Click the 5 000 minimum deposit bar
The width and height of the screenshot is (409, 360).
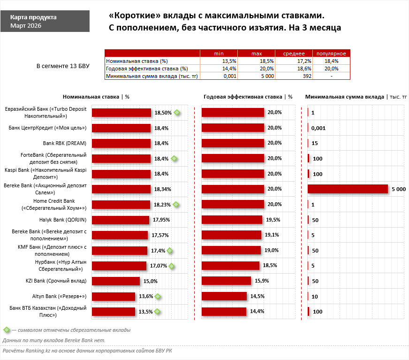tap(348, 189)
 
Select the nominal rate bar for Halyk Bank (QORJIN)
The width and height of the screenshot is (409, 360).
tap(120, 220)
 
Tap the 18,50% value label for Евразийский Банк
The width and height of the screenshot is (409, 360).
tap(163, 113)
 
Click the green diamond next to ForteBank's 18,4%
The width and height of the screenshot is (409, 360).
tap(174, 159)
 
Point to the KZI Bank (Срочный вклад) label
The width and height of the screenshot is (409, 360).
tap(56, 281)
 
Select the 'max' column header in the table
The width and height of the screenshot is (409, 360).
tap(256, 54)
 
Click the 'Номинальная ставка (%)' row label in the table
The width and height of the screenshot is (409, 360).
tap(137, 61)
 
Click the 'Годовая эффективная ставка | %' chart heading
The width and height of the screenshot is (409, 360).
tap(248, 97)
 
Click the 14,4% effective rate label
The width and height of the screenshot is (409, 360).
tap(257, 311)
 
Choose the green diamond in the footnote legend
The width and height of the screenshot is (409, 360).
tap(6, 330)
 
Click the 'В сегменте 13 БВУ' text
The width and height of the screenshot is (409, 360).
tap(62, 66)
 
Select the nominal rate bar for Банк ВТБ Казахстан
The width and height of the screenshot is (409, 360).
tap(114, 311)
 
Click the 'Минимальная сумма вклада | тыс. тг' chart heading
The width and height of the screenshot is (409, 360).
tap(356, 97)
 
